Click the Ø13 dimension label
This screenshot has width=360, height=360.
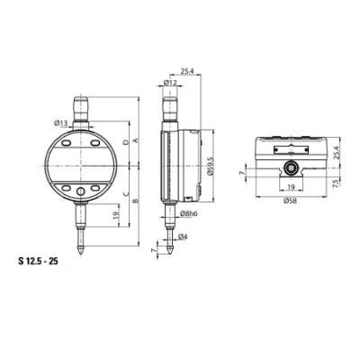(x=61, y=122)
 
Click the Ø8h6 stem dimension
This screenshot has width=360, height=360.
(x=189, y=212)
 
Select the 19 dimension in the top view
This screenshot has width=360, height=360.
(x=289, y=188)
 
